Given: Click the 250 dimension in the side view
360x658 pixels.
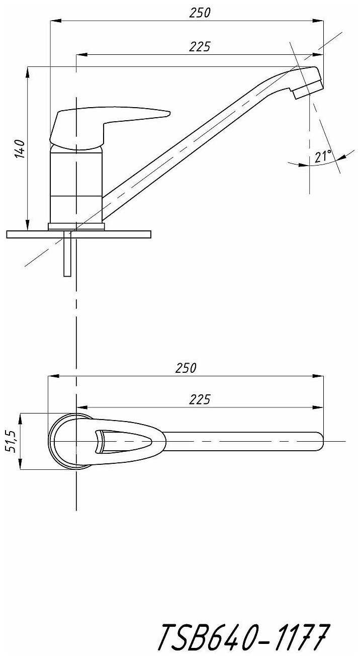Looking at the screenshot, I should click(200, 14).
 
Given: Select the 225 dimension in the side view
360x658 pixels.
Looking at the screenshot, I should click(200, 47).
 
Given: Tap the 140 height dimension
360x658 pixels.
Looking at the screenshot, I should click(19, 149).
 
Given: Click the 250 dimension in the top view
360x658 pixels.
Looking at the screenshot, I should click(186, 368).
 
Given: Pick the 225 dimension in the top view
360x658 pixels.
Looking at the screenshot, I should click(200, 399).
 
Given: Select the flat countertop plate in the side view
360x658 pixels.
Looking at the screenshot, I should click(78, 234).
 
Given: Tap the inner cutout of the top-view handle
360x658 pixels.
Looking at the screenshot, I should click(123, 441).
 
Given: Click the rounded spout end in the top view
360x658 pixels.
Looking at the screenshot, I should click(319, 441).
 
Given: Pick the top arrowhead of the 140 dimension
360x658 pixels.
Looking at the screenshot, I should click(27, 70).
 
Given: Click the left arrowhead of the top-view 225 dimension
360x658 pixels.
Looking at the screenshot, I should click(80, 406).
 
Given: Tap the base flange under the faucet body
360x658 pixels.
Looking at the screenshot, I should click(76, 227).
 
